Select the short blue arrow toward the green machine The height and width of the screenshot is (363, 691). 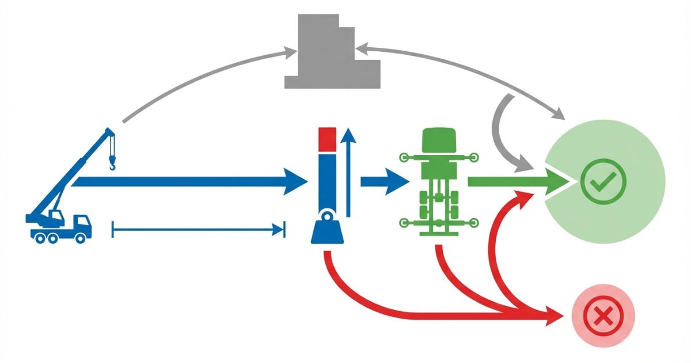[x=383, y=182]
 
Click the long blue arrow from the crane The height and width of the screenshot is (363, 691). [x=190, y=182]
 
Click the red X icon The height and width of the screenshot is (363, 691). [x=603, y=316]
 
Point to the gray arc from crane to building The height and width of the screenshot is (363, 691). [x=202, y=78]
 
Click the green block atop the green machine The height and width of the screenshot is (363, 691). [x=439, y=142]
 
